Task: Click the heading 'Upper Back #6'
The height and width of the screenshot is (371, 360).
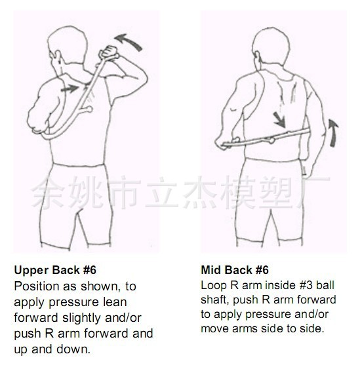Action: (x=55, y=270)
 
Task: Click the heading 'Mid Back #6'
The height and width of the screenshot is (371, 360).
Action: (x=235, y=270)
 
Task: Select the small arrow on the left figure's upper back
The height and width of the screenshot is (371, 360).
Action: (x=70, y=89)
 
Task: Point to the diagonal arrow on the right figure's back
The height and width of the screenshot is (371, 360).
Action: (x=279, y=120)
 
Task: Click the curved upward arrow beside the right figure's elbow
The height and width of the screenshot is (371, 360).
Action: (x=333, y=132)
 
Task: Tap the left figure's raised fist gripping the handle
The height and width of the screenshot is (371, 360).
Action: (x=109, y=52)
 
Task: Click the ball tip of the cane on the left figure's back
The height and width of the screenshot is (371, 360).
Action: (x=89, y=109)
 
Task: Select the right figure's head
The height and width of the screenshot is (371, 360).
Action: (x=270, y=47)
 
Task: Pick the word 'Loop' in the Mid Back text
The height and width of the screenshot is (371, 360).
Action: (x=214, y=286)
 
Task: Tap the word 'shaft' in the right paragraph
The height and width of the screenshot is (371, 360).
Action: (x=215, y=300)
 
